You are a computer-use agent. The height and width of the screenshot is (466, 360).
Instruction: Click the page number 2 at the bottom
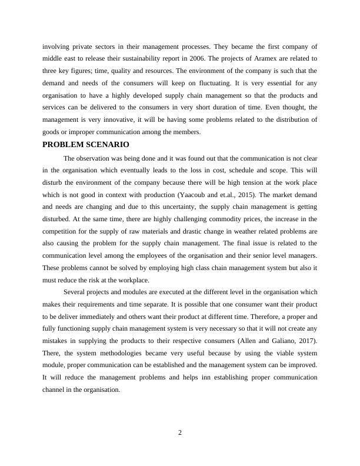pos(180,433)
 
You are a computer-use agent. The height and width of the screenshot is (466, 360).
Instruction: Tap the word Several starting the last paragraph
pos(75,292)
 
